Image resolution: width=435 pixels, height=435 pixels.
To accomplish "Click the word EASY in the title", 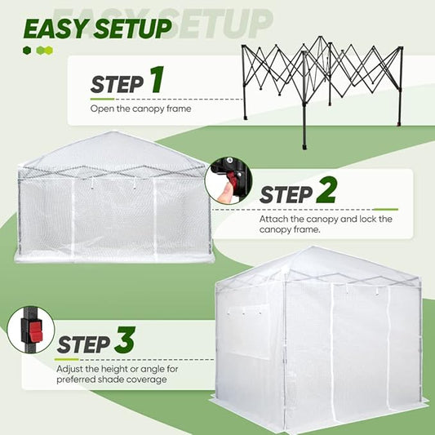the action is point(56,29).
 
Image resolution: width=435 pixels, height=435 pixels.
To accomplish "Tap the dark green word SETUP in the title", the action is point(132,29).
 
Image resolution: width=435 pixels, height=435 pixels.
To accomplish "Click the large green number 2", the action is point(327,190).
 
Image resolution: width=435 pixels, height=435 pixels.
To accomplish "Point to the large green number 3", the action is point(125,340).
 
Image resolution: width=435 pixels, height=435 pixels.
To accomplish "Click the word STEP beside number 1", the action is point(117,84).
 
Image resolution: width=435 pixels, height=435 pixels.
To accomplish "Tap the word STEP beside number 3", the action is point(83,344).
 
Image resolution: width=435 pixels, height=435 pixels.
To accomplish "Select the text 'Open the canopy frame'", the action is point(140,109).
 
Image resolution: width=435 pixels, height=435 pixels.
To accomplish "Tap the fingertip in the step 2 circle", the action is point(225,193).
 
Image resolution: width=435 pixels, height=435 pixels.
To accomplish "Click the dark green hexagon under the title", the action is point(27,51).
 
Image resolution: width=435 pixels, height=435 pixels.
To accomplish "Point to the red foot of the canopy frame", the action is point(399,124).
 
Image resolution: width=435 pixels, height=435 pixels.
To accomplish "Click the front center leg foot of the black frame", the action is point(304,146).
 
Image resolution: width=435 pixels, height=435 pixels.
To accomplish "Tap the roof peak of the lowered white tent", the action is point(113,132).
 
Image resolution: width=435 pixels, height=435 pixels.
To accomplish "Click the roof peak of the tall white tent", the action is point(312,247).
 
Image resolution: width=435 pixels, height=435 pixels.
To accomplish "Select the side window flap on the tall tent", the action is point(247,331).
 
